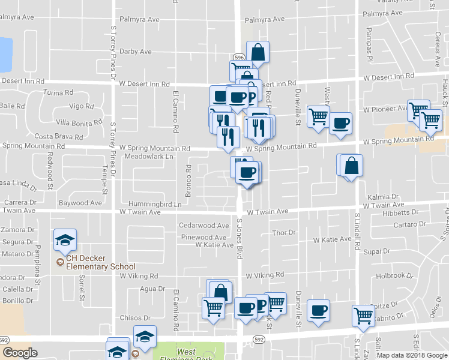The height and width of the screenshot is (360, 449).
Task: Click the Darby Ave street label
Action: pos(136,52)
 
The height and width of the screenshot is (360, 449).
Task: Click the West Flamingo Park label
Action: pos(188,354)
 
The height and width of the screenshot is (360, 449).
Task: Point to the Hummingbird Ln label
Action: pos(153,205)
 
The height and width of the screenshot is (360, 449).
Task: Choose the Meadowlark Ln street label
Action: pos(148,156)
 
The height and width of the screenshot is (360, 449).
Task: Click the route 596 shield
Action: pos(239,57)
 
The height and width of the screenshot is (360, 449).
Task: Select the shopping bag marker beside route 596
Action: pos(258,53)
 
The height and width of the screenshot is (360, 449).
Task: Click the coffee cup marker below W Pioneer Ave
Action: pos(341,124)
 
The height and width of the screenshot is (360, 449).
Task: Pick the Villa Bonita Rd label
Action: pos(79,122)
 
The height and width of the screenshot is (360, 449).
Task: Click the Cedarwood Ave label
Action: pos(204,226)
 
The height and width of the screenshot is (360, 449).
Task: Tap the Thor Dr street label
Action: pos(284,232)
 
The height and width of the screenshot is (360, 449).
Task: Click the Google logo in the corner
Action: pos(20,353)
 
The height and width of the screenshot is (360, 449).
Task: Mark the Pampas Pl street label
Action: pos(369,38)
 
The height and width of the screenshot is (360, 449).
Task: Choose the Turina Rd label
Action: pos(58,93)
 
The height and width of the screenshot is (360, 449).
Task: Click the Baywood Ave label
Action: pos(80,203)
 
